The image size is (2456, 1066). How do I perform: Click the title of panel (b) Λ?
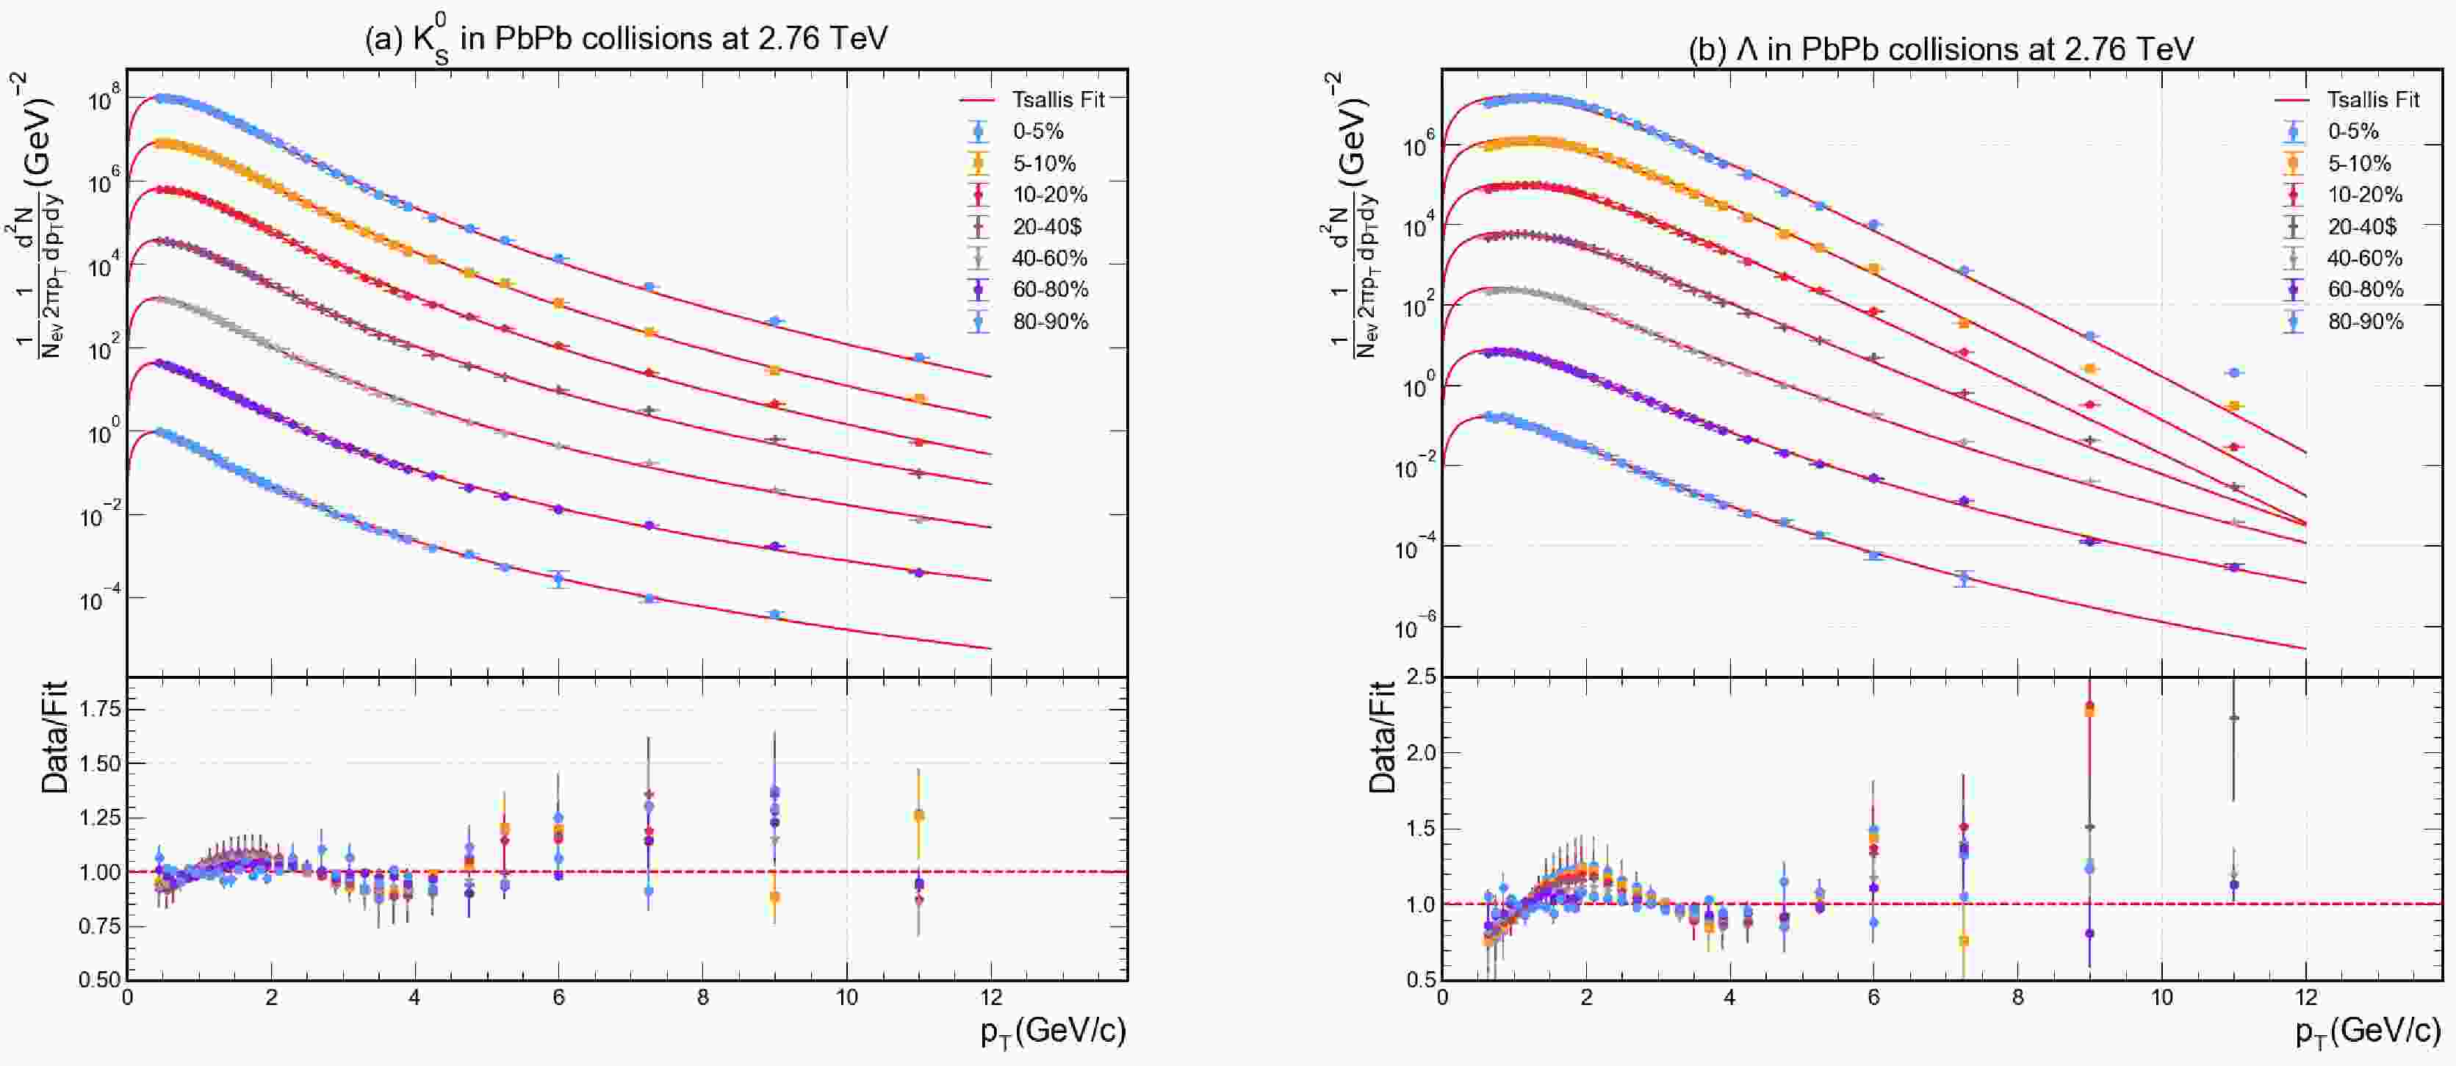pyautogui.click(x=1940, y=48)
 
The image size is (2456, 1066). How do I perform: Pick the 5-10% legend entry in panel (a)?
pyautogui.click(x=1044, y=163)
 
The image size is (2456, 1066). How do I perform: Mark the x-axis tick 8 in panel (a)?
pyautogui.click(x=702, y=998)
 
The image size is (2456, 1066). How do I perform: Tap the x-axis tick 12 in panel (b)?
pyautogui.click(x=2305, y=998)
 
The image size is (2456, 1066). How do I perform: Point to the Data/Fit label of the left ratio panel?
pyautogui.click(x=55, y=737)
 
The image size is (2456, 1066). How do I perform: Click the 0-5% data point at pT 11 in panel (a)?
pyautogui.click(x=919, y=358)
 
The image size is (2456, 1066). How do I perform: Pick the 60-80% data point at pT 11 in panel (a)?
pyautogui.click(x=919, y=573)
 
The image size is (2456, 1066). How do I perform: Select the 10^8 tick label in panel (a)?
pyautogui.click(x=105, y=99)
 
